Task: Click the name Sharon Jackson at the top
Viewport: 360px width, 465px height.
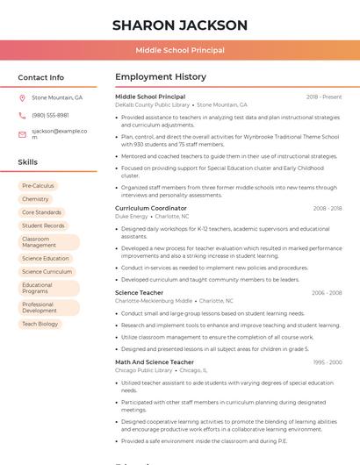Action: [x=180, y=25]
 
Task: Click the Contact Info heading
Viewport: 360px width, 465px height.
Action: [x=40, y=77]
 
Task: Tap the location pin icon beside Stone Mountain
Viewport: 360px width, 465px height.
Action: [x=22, y=97]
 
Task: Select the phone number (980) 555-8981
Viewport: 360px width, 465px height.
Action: [x=50, y=115]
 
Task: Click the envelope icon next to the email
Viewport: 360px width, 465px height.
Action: [x=22, y=134]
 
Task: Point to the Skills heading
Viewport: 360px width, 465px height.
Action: [x=28, y=162]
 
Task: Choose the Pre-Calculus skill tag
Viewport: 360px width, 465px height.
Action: [x=38, y=186]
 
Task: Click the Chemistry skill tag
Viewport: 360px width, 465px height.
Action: [x=35, y=199]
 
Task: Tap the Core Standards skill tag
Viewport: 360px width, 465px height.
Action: [x=41, y=212]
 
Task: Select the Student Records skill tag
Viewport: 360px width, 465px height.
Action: [x=43, y=225]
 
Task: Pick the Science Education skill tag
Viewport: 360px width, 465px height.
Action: [x=46, y=258]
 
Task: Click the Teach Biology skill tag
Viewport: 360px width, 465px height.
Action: [x=40, y=324]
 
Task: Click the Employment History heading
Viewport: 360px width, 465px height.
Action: [x=161, y=77]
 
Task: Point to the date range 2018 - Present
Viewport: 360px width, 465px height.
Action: [x=324, y=97]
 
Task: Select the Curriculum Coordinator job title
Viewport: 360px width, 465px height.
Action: [x=151, y=208]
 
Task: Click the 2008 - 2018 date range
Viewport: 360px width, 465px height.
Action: [x=327, y=208]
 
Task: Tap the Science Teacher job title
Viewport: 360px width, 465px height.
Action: [x=139, y=292]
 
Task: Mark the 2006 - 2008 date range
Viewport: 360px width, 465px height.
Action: [x=327, y=292]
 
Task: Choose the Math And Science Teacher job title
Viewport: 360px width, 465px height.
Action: [x=155, y=361]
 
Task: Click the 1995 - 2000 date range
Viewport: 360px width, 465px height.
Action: [x=327, y=361]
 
